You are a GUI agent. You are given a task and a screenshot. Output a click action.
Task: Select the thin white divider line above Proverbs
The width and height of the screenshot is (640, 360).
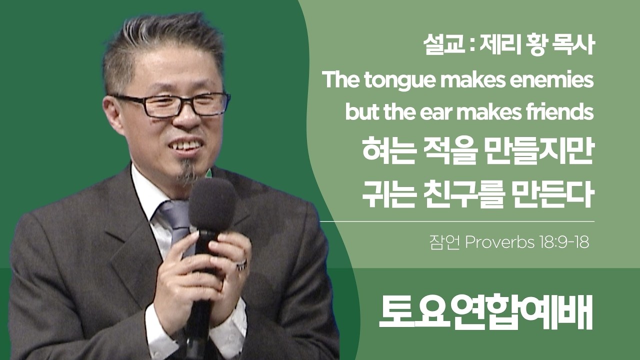click(457, 221)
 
